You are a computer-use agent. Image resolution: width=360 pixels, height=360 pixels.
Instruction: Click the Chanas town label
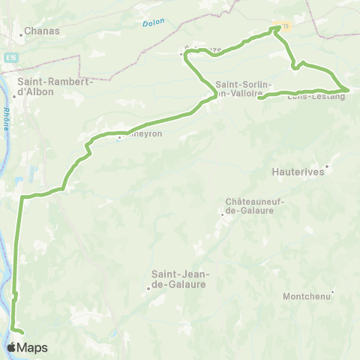pyautogui.click(x=42, y=31)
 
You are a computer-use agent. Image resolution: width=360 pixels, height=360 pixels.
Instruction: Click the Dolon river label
pyautogui.click(x=152, y=24)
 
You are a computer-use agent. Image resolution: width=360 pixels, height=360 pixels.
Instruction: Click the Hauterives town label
pyautogui.click(x=297, y=172)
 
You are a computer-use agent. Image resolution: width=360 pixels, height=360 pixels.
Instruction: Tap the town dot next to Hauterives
pyautogui.click(x=328, y=166)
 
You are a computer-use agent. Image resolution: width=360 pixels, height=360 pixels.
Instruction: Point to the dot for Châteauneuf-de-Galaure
pyautogui.click(x=221, y=214)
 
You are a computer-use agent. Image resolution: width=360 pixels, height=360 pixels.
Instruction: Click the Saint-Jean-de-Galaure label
pyautogui.click(x=180, y=279)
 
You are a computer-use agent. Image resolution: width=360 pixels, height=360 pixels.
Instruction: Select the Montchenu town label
pyautogui.click(x=307, y=297)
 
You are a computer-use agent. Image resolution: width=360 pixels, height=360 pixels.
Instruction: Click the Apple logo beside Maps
pyautogui.click(x=12, y=347)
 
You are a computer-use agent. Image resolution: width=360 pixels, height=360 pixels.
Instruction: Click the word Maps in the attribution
pyautogui.click(x=32, y=347)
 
